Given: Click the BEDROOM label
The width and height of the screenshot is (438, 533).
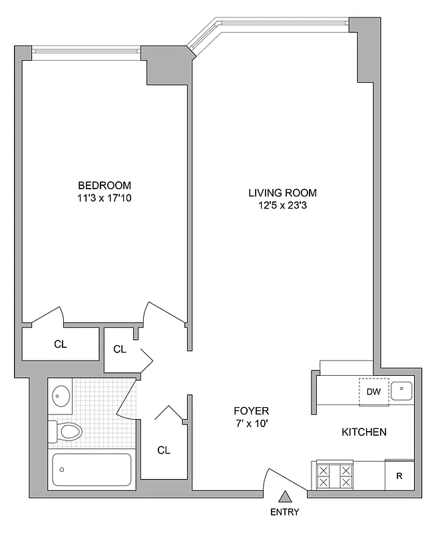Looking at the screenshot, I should coord(105,185).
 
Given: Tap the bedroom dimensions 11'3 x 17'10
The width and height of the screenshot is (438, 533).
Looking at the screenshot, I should coord(105,198).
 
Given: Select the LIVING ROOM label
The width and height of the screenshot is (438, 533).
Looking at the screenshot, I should coord(282,193).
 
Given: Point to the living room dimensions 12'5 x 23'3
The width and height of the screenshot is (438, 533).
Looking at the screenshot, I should coord(282,206).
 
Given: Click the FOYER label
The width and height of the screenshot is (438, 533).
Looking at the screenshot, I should coord(251,410).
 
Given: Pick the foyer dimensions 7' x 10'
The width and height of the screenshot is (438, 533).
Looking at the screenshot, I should coord(251,423).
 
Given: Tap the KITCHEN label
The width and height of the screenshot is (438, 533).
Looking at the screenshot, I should coord(363,432).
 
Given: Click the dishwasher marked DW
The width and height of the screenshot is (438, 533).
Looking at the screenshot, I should coord(373,392).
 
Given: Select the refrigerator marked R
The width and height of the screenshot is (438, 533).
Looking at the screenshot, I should coord(399,476).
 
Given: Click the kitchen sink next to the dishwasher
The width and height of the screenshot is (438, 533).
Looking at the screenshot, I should coord(402,390).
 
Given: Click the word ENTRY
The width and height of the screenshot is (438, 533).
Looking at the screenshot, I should coord(285,512).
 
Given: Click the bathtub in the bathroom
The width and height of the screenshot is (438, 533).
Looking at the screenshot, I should coord(92,471).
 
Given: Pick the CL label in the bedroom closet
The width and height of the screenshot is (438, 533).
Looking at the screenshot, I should coord(60,344).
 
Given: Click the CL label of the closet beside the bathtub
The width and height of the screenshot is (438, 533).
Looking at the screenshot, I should coord(164,450).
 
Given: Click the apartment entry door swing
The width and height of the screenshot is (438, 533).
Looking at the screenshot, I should coord(283,478).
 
